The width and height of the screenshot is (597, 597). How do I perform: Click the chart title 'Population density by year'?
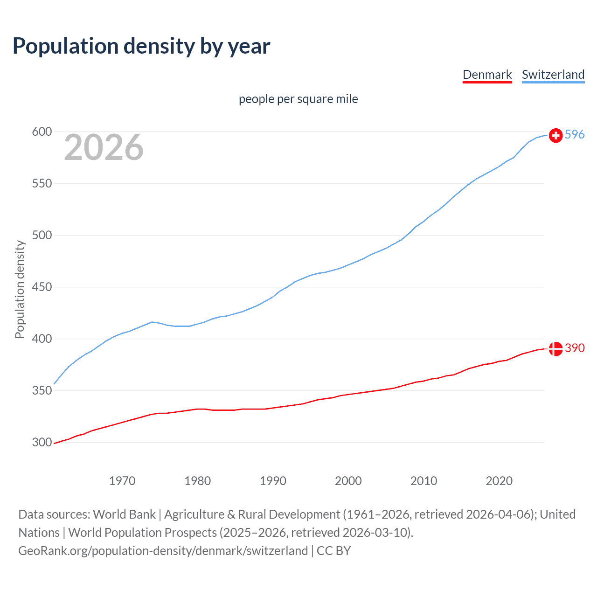[x=141, y=46]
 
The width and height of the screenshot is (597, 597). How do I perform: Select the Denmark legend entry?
[x=487, y=75]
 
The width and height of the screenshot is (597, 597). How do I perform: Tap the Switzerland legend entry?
[x=553, y=75]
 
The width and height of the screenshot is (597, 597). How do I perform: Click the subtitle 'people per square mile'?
[x=298, y=99]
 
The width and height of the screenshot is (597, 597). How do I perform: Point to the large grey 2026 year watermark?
[x=104, y=147]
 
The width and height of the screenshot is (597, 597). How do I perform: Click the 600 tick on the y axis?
[x=42, y=132]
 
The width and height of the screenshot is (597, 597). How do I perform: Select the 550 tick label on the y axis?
[x=42, y=184]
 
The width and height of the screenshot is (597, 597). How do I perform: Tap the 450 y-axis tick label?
[x=42, y=287]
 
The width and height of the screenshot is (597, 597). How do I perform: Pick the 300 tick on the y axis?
[x=42, y=443]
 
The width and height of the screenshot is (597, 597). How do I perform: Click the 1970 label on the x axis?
[x=122, y=481]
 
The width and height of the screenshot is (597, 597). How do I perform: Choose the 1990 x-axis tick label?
[x=273, y=481]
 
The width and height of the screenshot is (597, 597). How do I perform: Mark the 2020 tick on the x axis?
[x=499, y=481]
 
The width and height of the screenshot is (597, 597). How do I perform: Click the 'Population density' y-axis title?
[x=20, y=289]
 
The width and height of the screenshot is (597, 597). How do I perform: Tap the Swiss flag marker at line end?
[x=555, y=135]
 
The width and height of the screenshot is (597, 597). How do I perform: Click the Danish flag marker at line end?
[x=555, y=348]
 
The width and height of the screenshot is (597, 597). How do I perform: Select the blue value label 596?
[x=575, y=134]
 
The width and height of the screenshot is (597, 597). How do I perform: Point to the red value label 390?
[x=575, y=348]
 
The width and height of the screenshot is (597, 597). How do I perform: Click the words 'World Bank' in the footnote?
[x=124, y=514]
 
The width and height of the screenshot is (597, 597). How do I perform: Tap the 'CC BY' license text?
[x=333, y=551]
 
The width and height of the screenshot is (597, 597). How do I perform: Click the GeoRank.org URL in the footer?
[x=163, y=551]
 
